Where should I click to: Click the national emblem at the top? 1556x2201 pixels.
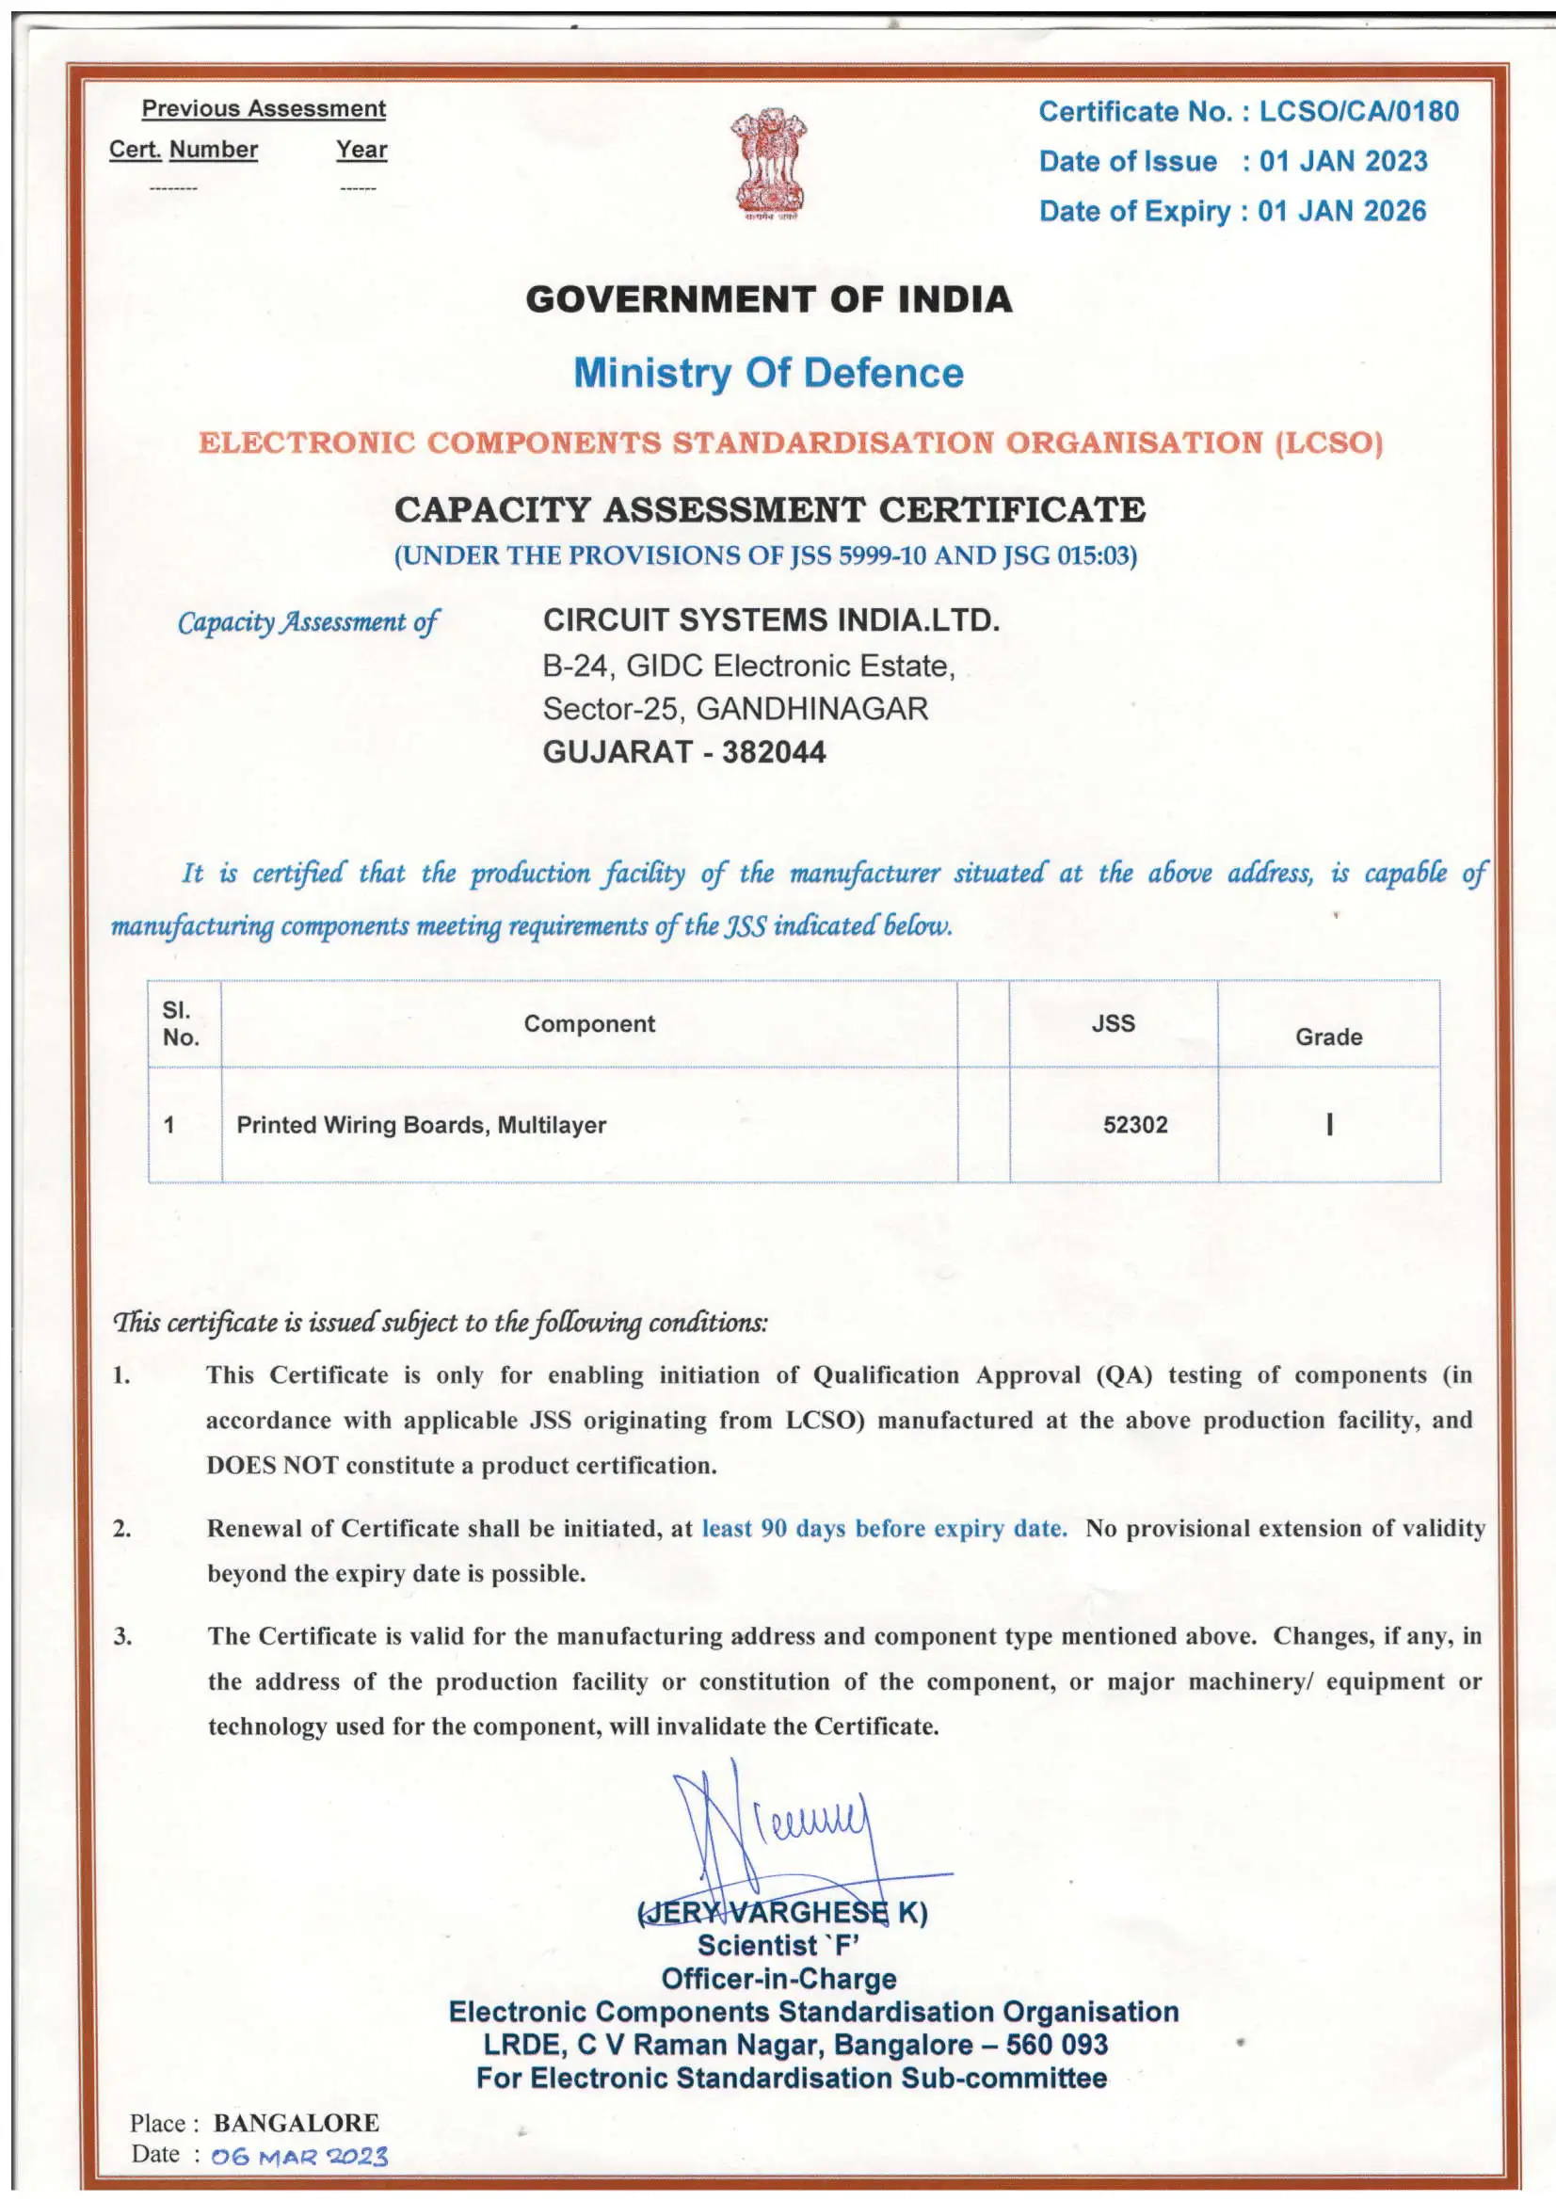769,164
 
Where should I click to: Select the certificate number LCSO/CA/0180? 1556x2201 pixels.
1358,112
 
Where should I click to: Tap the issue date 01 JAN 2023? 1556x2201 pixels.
1343,161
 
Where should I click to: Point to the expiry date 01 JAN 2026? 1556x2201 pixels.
1341,211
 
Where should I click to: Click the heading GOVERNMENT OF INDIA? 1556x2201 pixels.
768,300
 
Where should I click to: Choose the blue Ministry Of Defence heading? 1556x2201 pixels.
768,373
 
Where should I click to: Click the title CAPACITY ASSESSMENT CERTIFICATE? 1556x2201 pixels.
769,509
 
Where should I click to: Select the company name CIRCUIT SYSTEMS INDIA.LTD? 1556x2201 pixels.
771,620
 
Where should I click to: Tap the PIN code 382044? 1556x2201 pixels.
774,751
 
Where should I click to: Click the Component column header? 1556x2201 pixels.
588,1023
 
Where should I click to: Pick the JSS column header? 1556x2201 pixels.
1112,1023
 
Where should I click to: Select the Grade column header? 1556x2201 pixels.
1328,1036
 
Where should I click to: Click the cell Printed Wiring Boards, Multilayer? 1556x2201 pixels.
421,1124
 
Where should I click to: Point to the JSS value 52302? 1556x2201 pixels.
1135,1124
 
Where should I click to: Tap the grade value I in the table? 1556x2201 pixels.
1329,1124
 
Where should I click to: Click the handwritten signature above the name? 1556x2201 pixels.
767,1831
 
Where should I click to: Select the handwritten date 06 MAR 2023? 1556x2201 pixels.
299,2158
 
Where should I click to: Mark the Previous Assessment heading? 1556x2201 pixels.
264,109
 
